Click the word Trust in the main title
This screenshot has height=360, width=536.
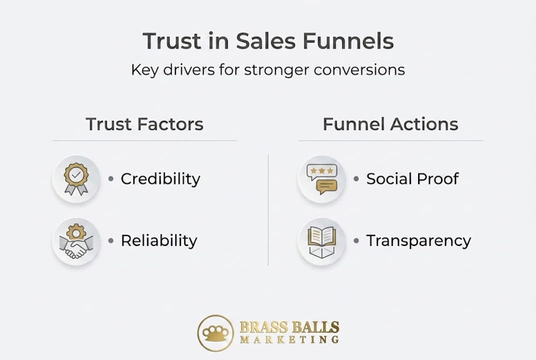coord(172,41)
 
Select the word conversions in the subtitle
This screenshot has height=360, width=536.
coord(359,70)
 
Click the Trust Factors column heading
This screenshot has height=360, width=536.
coord(144,124)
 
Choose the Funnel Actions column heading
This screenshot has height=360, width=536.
coord(390,124)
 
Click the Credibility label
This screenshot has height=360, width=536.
coord(160,179)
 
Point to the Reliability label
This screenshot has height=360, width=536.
coord(159,240)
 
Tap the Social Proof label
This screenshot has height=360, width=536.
coord(412,178)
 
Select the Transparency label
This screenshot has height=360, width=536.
coord(419,240)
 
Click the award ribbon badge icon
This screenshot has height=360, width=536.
coord(76,179)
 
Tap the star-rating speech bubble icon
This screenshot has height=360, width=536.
coord(322,179)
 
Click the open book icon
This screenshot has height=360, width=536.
coord(322,241)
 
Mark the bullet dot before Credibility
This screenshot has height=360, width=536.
coord(111,178)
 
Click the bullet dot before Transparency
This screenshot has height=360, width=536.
coord(356,240)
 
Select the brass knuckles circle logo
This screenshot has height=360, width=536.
coord(216,333)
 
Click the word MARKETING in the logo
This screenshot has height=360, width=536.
coord(290,339)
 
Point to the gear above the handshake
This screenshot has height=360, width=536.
coord(76,232)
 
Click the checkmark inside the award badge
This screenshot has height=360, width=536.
coord(76,175)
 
